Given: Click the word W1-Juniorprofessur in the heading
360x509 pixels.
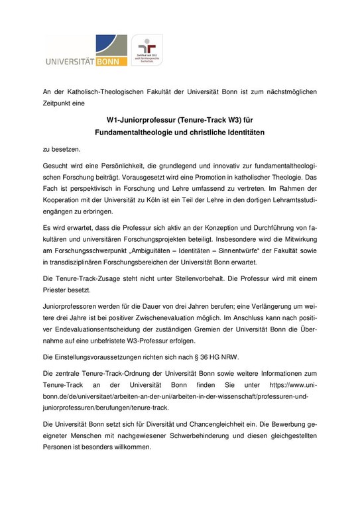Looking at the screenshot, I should pyautogui.click(x=145, y=121).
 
